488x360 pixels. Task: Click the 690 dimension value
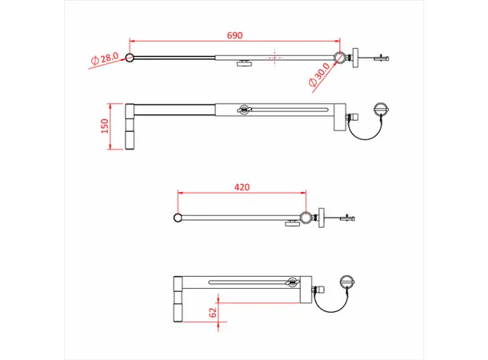click(x=234, y=36)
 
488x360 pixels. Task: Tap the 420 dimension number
click(x=242, y=187)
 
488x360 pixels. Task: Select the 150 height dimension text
click(x=106, y=127)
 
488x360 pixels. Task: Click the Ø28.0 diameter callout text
click(x=105, y=59)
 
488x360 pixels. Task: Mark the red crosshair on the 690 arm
click(x=274, y=57)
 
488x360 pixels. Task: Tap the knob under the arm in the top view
click(x=243, y=64)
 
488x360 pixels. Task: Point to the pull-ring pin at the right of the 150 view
click(x=381, y=110)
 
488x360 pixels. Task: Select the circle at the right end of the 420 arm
click(x=306, y=217)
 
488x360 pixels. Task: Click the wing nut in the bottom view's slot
click(x=291, y=282)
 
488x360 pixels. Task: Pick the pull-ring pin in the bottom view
click(x=346, y=282)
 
